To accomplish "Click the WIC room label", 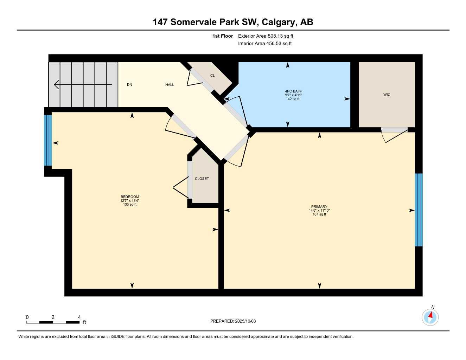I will (x=387, y=95).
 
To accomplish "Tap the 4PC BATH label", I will (x=293, y=91).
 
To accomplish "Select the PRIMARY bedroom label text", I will (x=319, y=207).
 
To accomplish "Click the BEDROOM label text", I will (x=130, y=197).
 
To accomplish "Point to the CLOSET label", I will (x=202, y=179).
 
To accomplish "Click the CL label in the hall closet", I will (x=212, y=76).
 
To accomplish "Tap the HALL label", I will (x=170, y=85).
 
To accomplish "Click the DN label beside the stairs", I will (x=129, y=85).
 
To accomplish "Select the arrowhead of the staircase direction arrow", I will (x=56, y=84).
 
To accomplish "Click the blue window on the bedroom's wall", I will (x=48, y=140).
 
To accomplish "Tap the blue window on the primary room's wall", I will (x=419, y=210).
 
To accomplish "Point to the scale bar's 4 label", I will (x=79, y=317).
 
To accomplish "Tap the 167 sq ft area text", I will (x=319, y=214).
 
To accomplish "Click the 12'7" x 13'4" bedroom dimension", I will (x=130, y=201).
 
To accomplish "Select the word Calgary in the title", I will (x=279, y=22).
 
